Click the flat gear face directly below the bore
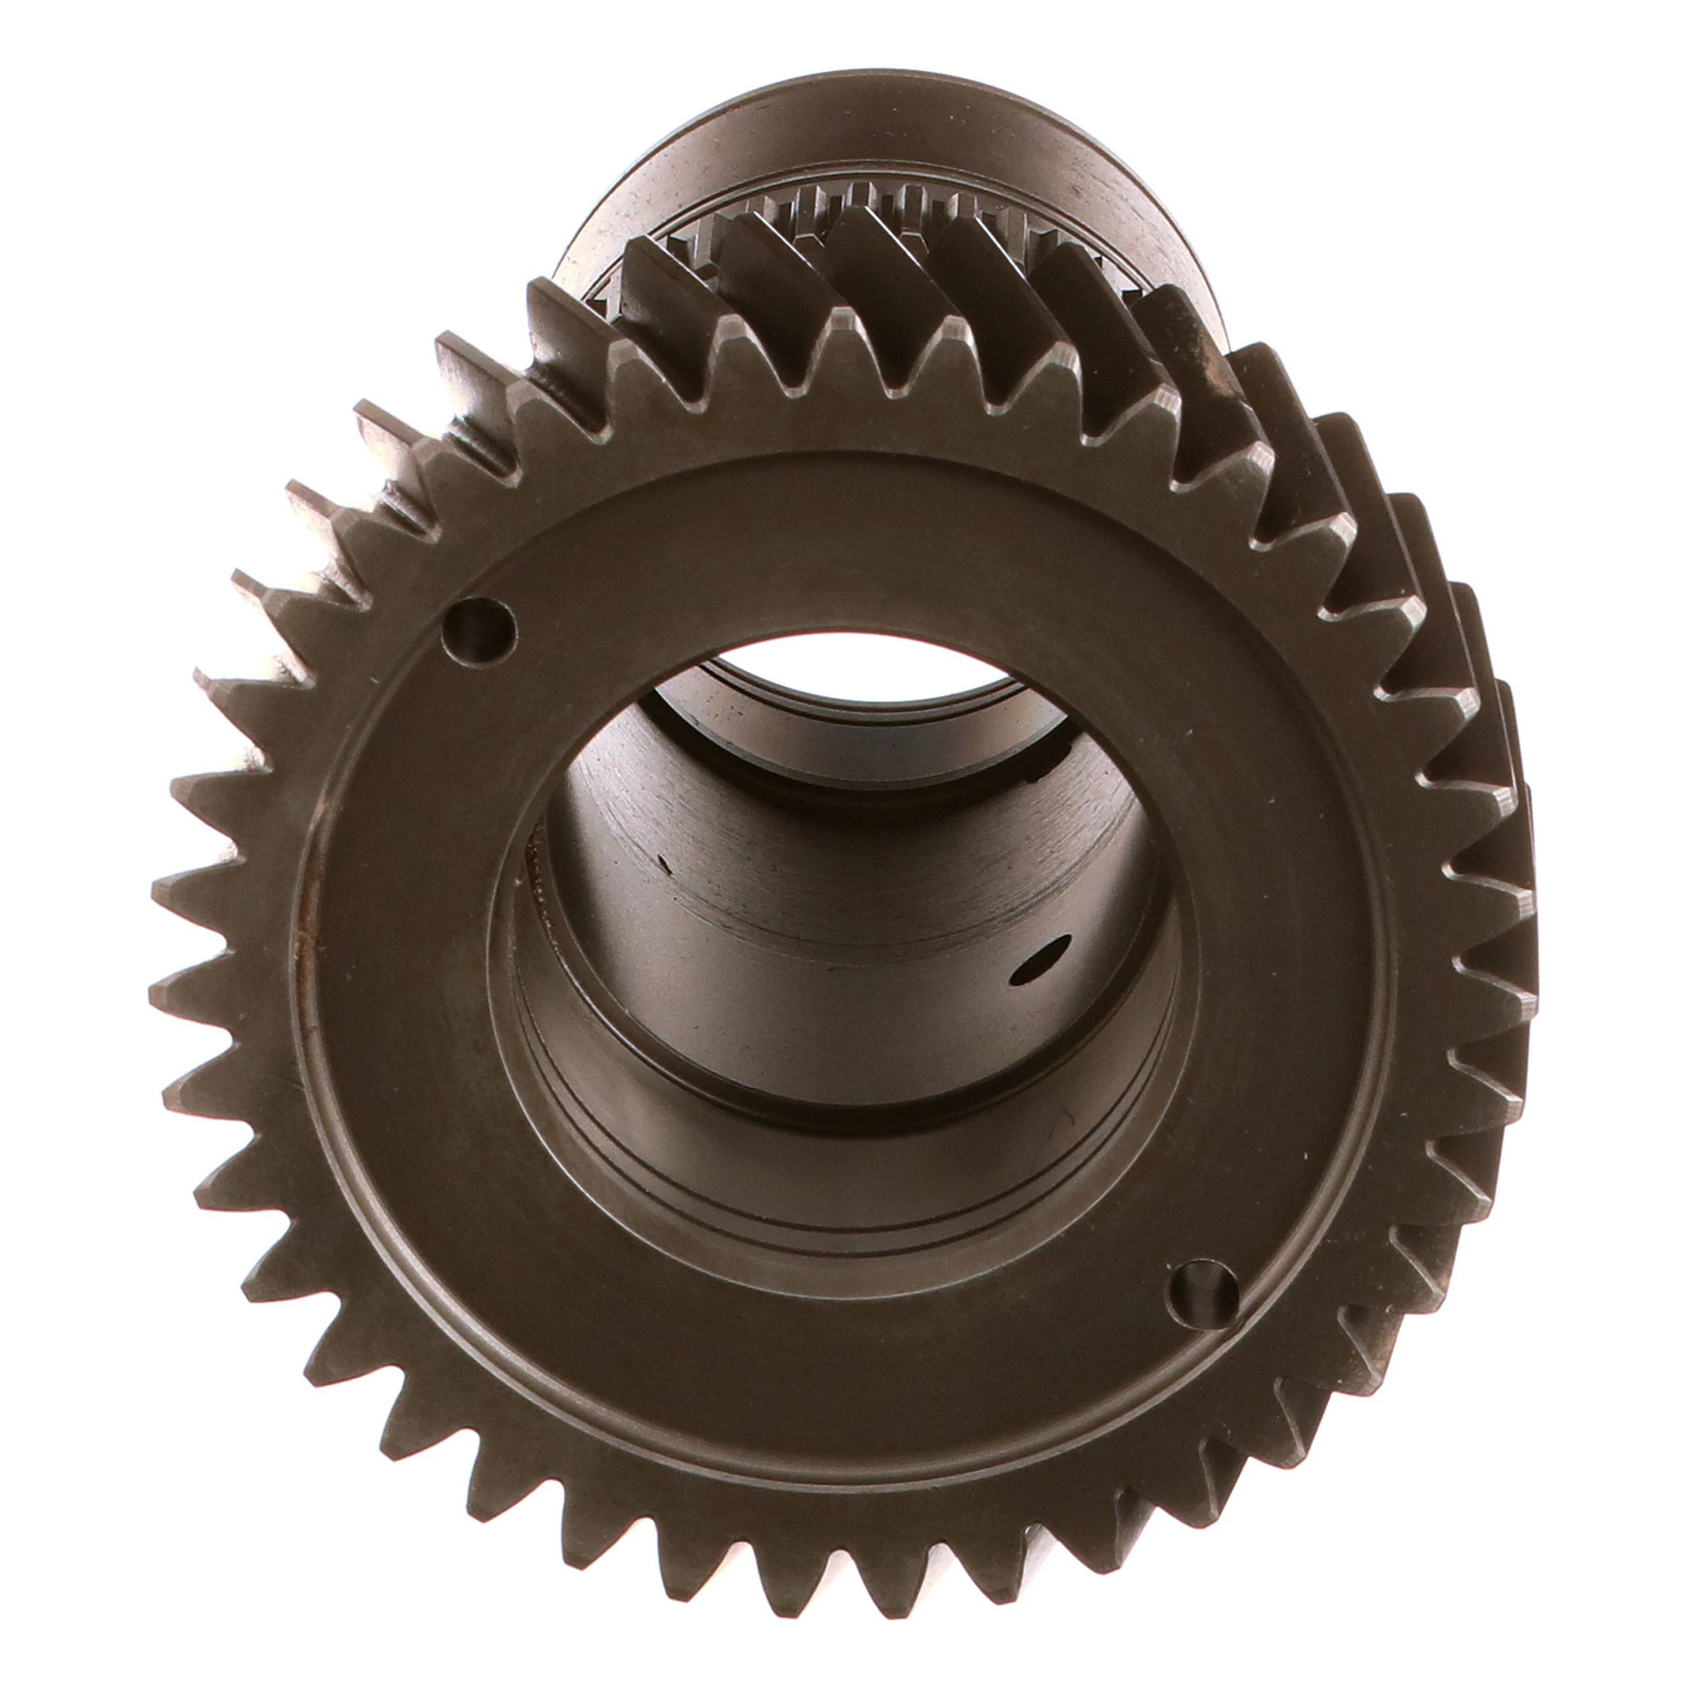839,1328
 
